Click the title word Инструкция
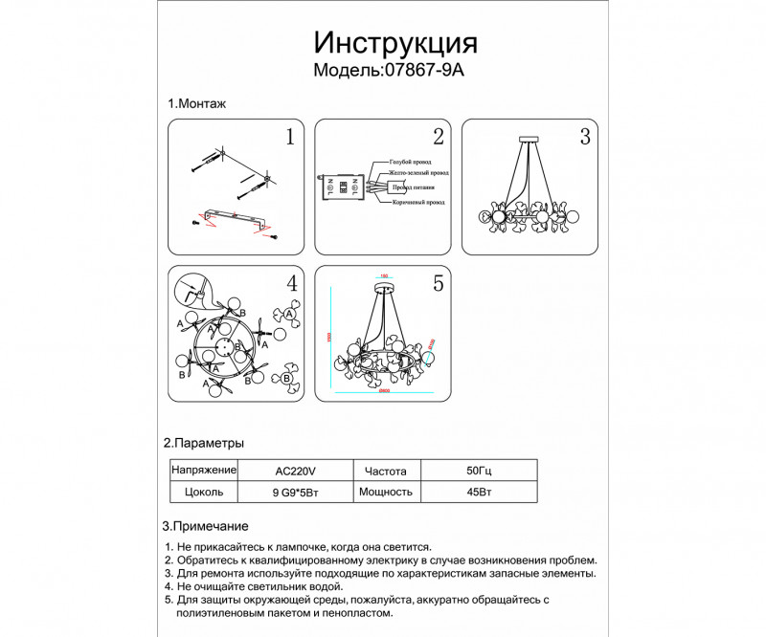(x=395, y=43)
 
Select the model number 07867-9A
(x=429, y=71)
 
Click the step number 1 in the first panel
(x=289, y=137)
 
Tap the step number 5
(x=438, y=283)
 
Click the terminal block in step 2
(x=343, y=185)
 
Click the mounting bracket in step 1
(x=236, y=218)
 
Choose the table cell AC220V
(x=294, y=472)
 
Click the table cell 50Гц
(x=480, y=472)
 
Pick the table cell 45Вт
(x=480, y=492)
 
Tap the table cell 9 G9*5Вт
(x=294, y=492)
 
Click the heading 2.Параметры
(x=203, y=443)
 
